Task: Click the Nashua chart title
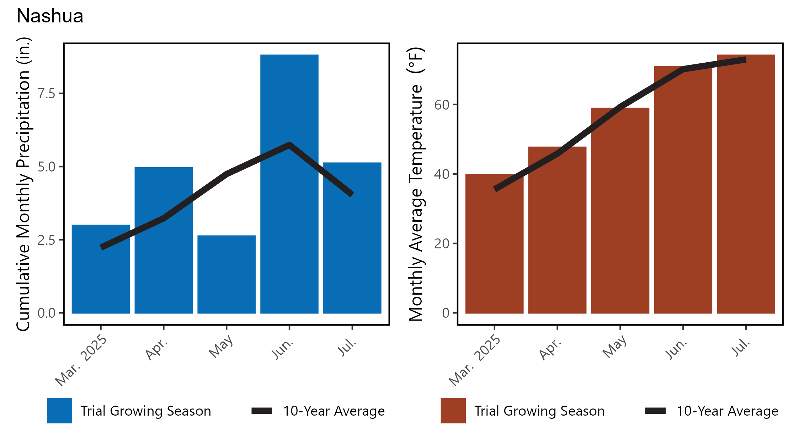pos(50,16)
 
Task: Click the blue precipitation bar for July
pos(352,249)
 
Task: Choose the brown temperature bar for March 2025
pos(494,249)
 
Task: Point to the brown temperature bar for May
pos(620,213)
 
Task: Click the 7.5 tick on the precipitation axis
pos(47,94)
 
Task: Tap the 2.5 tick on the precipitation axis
pos(47,240)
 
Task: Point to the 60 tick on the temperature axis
pos(442,105)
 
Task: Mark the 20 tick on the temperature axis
pos(442,244)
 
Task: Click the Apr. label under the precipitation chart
pos(157,349)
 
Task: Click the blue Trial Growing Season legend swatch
pos(59,411)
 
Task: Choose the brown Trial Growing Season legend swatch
pos(453,411)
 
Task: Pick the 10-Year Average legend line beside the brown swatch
pos(655,411)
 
